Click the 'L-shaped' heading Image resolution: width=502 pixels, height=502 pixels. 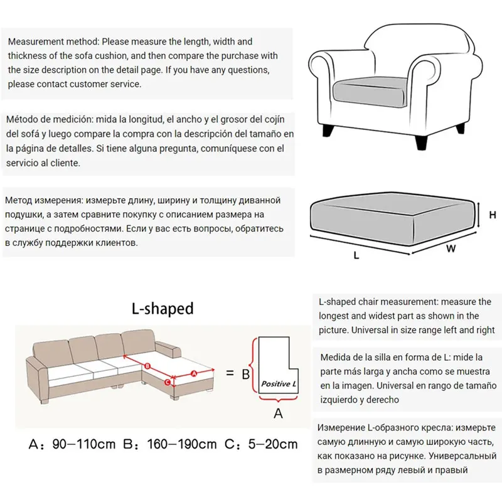click(x=163, y=309)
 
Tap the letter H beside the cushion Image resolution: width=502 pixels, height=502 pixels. click(x=493, y=215)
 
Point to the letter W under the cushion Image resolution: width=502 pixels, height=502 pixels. click(x=450, y=248)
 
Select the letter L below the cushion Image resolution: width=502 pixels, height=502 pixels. click(x=356, y=256)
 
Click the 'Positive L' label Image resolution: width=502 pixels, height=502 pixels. click(x=279, y=383)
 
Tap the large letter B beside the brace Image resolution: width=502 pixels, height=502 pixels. click(x=246, y=375)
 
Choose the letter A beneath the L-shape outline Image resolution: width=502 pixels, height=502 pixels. click(x=278, y=413)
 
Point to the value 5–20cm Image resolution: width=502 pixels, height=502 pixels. click(x=271, y=445)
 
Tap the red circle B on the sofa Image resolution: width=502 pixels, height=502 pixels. click(x=147, y=366)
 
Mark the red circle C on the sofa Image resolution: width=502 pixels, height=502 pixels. click(x=168, y=381)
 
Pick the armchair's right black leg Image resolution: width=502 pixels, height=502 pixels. click(x=461, y=127)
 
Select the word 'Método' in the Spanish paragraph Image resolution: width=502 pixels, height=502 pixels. click(x=23, y=119)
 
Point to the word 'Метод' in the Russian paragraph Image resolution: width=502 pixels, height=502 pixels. click(x=19, y=200)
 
